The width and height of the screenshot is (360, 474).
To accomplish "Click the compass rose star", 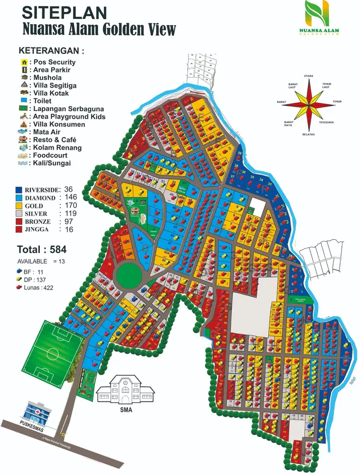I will coord(309,102).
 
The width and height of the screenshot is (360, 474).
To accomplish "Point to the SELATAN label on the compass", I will coord(309,134).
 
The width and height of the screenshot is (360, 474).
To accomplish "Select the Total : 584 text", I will coord(42,249).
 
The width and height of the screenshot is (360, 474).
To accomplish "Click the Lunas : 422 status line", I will coord(37,287).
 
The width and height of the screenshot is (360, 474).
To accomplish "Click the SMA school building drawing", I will coord(126,390).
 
